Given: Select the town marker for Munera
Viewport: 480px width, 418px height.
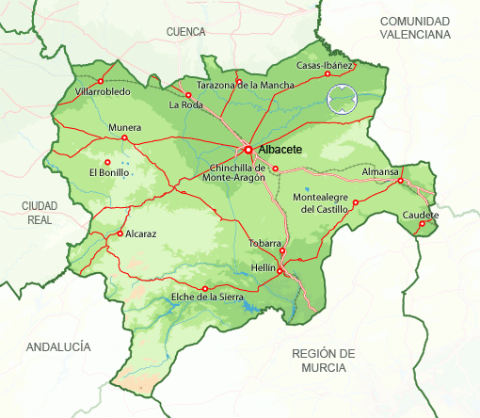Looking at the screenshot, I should point(124,137).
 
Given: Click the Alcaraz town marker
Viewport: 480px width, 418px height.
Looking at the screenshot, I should point(120,233).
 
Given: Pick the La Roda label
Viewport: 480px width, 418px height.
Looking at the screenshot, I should point(186,105).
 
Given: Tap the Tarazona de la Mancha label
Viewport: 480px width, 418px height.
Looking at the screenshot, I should point(245,85).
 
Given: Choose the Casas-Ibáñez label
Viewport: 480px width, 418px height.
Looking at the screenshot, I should point(325,66).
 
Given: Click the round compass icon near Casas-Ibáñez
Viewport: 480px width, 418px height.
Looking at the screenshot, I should point(343,97).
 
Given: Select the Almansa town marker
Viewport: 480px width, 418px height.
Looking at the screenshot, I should point(400,181).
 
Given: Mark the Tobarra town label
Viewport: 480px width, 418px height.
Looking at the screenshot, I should point(264,243).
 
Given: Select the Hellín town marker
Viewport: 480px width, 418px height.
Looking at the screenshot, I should point(280,271).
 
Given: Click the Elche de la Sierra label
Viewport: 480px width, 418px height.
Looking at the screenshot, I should point(207,297).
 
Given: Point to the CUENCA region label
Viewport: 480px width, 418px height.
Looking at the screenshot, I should point(185,32).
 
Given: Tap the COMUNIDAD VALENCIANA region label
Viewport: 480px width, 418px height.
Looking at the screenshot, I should point(415,27).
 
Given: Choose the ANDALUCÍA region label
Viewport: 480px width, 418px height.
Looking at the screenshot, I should point(58,347).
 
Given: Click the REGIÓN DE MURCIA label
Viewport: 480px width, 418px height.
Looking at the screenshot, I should point(324,360).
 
